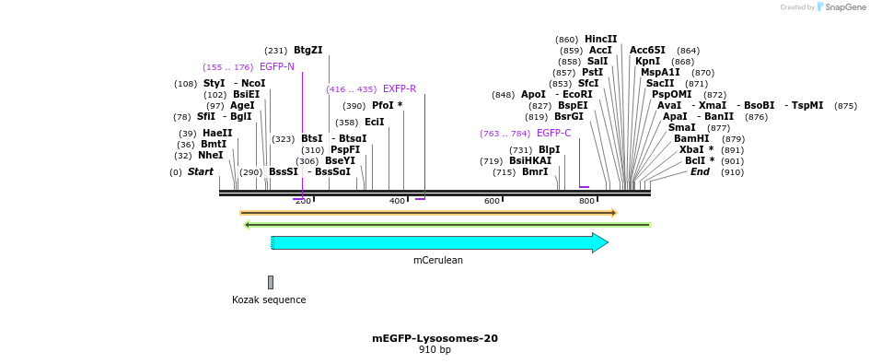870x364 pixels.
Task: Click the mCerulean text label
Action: (438, 261)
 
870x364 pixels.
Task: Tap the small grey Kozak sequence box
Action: (271, 282)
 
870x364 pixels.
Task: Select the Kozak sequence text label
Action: (269, 299)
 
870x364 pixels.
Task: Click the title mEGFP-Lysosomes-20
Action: (435, 338)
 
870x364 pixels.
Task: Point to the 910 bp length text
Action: (435, 350)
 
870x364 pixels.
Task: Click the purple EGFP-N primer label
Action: (277, 67)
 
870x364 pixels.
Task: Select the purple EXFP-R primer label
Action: (400, 89)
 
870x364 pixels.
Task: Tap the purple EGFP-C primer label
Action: (553, 134)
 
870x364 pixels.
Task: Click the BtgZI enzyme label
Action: (307, 51)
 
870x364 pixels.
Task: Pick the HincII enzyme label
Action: (600, 40)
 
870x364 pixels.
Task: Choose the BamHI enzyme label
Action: (691, 139)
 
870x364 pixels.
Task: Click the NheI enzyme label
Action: (210, 156)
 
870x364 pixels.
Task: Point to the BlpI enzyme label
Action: (549, 150)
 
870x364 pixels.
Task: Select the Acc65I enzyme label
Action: (647, 51)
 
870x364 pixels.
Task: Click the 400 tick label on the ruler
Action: (397, 201)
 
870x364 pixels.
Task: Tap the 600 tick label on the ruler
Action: (492, 201)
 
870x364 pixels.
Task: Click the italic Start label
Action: (200, 172)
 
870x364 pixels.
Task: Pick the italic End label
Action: (700, 172)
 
